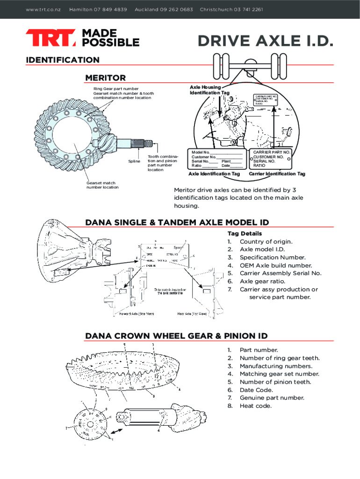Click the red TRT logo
click(50, 38)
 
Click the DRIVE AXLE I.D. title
click(265, 42)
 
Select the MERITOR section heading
click(105, 78)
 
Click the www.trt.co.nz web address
click(43, 9)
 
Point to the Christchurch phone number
click(248, 9)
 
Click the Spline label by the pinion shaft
click(134, 161)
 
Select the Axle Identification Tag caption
click(214, 174)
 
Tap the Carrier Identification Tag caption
click(277, 174)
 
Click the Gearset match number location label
click(102, 185)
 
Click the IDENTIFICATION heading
click(63, 60)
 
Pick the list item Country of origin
click(266, 241)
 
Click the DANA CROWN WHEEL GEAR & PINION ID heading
click(176, 336)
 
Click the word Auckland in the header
click(146, 9)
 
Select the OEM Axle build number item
click(275, 265)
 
